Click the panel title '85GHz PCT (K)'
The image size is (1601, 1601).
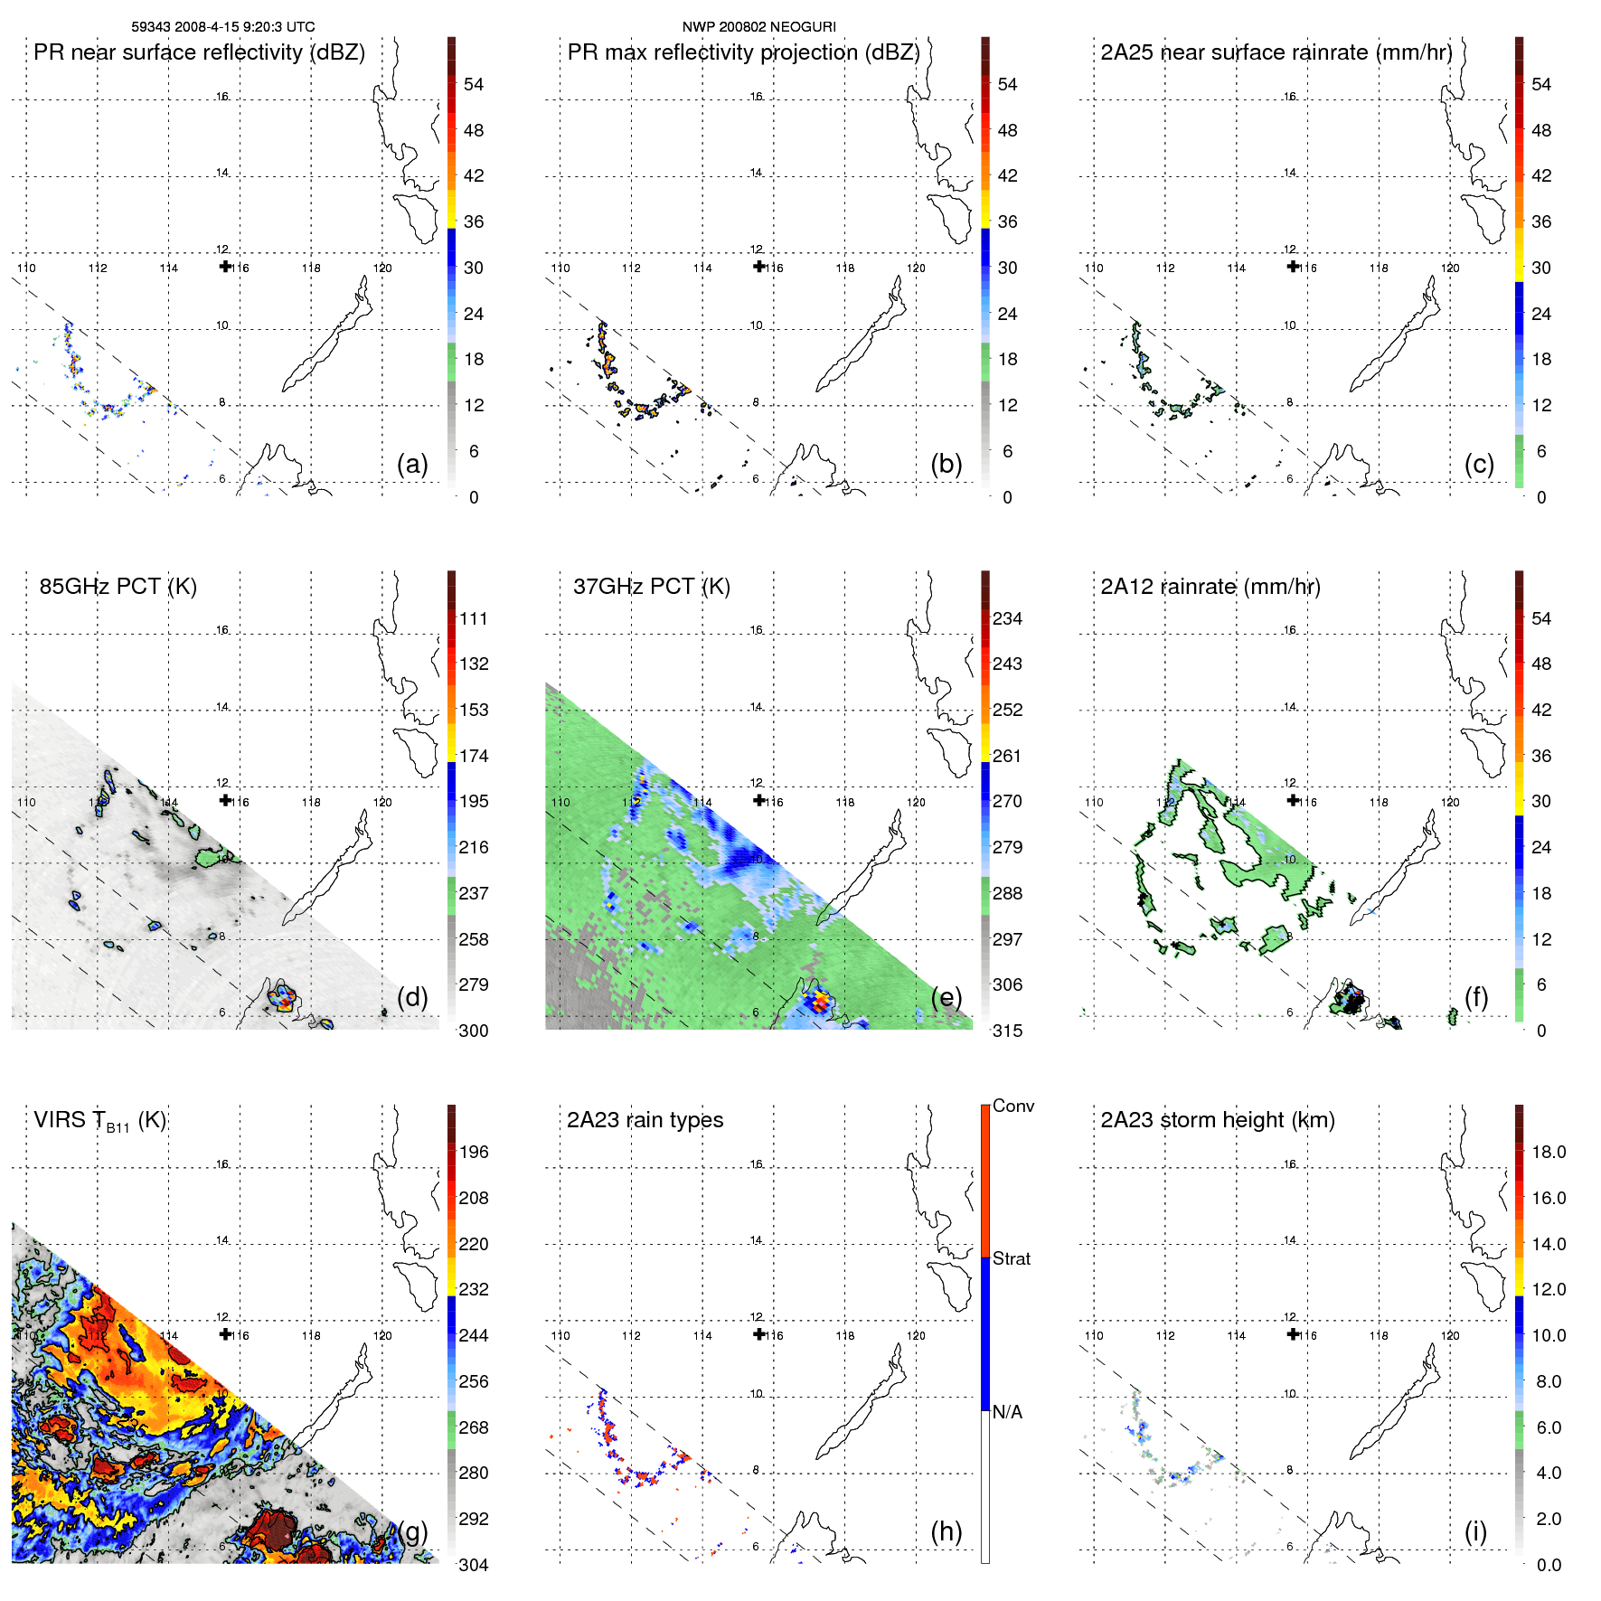pos(118,587)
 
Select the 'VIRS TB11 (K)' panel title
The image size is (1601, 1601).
pos(99,1121)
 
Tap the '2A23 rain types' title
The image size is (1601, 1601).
pos(645,1120)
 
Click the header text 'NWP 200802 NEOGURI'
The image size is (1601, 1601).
pos(758,27)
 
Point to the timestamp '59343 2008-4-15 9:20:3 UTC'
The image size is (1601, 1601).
pos(223,27)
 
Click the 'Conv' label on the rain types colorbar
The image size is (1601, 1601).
pos(1012,1106)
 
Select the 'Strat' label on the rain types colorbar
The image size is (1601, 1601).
pos(1011,1258)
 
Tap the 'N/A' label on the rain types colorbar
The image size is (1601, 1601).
pos(1007,1412)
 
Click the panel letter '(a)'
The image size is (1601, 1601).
pos(412,464)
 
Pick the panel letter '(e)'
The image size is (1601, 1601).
pos(946,997)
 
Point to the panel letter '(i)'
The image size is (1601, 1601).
pos(1475,1531)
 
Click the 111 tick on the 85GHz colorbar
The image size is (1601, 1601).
pos(474,619)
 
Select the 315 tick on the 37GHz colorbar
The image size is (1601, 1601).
pos(1007,1031)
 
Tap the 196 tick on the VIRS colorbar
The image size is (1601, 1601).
pos(474,1153)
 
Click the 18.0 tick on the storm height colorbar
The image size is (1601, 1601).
pos(1549,1153)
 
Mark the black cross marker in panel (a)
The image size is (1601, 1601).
pos(225,267)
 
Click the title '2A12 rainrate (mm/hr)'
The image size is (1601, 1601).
pos(1210,587)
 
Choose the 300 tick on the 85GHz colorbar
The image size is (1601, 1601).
pos(474,1031)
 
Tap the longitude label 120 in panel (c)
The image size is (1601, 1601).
pos(1449,268)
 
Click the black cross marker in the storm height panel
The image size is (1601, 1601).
pos(1293,1334)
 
